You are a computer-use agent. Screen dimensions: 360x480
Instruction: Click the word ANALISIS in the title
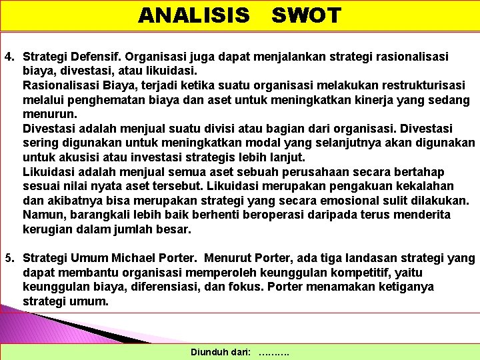point(194,15)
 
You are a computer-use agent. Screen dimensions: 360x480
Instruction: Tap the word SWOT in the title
point(307,15)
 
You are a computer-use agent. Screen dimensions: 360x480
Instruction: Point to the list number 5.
point(9,258)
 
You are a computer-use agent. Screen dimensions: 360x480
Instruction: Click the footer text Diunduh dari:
point(221,352)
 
